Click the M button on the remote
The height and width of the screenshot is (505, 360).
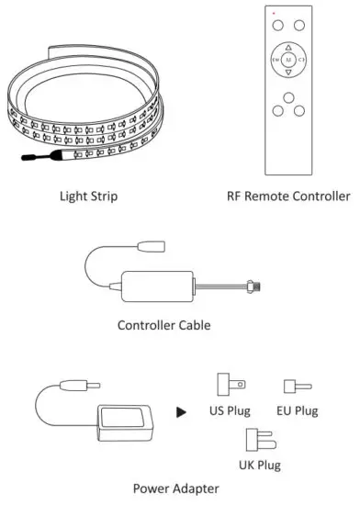pyautogui.click(x=288, y=61)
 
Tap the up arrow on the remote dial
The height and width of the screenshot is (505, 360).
pyautogui.click(x=288, y=47)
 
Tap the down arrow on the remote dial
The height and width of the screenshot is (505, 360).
pyautogui.click(x=288, y=75)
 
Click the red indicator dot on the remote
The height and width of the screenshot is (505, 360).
pyautogui.click(x=274, y=10)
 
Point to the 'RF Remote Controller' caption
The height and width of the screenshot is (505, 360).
pyautogui.click(x=288, y=196)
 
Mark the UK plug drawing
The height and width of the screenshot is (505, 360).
pyautogui.click(x=257, y=437)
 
